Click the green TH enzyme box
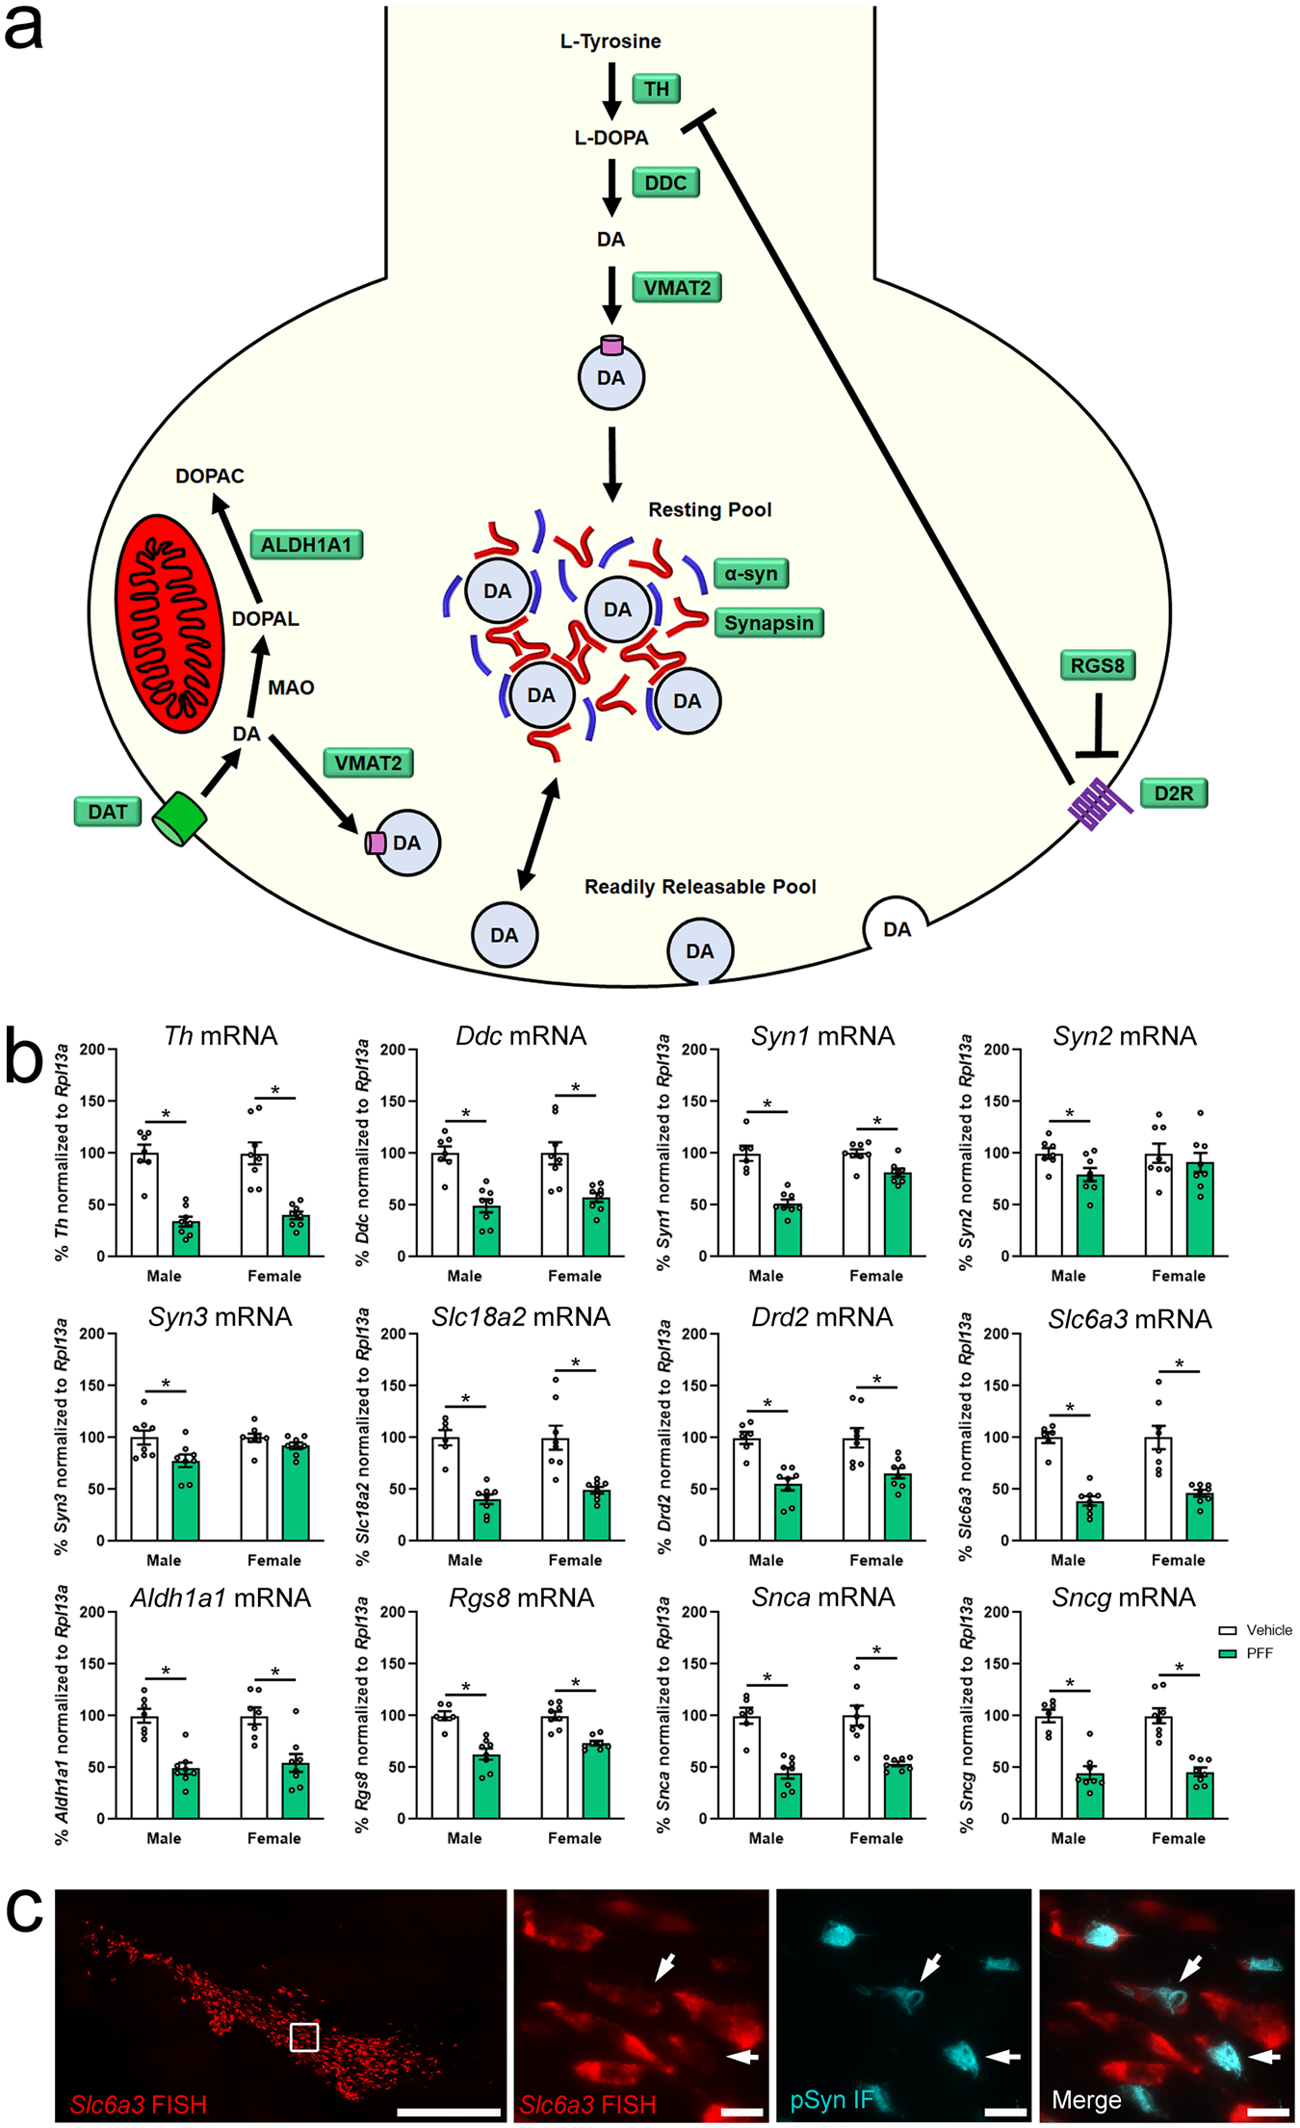click(x=656, y=89)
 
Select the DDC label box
click(x=665, y=183)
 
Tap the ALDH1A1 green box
click(x=306, y=545)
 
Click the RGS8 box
click(x=1097, y=665)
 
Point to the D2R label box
click(x=1173, y=793)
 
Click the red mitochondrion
click(x=170, y=623)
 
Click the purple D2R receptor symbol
click(x=1098, y=803)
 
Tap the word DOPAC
click(x=210, y=476)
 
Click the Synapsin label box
click(x=768, y=623)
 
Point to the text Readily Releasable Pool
click(x=700, y=887)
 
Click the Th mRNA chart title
click(x=221, y=1036)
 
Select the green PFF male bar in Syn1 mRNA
click(x=788, y=1230)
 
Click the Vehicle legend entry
click(x=1256, y=1630)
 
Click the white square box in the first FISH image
click(x=304, y=2037)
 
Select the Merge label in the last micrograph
click(x=1086, y=2100)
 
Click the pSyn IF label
click(x=831, y=2100)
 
